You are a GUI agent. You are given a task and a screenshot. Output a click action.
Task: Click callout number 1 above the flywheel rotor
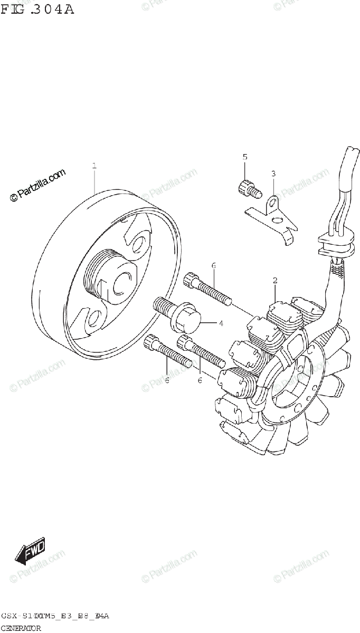(x=94, y=166)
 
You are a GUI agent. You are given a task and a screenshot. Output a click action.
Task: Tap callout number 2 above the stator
(x=275, y=280)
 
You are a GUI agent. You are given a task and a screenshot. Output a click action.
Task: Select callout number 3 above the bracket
(x=273, y=174)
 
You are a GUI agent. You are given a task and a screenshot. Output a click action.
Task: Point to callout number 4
(x=221, y=323)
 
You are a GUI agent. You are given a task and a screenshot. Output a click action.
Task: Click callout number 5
(x=244, y=157)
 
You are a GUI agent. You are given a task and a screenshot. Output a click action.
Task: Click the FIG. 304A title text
(x=37, y=9)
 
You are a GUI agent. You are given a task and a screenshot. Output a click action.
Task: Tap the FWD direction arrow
(x=30, y=551)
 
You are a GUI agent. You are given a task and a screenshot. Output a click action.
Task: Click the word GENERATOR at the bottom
(x=21, y=628)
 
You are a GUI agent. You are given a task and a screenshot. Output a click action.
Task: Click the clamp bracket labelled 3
(x=272, y=216)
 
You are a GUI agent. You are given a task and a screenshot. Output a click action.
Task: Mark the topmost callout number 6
(x=214, y=266)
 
